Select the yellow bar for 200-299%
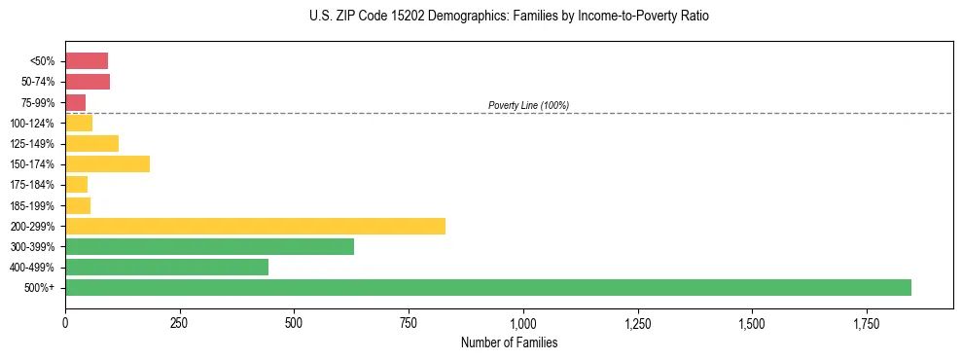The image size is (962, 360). tap(255, 227)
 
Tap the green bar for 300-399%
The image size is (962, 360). tap(209, 247)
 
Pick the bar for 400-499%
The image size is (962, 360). tap(166, 268)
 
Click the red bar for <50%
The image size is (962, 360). tap(87, 61)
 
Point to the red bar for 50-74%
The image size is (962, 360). tap(88, 82)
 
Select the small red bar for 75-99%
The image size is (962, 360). tap(76, 102)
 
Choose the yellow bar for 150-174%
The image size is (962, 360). tap(107, 164)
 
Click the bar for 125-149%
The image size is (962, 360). tap(91, 144)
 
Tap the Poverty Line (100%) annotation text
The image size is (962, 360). tap(528, 105)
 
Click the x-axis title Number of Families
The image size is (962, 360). tap(509, 343)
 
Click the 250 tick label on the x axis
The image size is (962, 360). tap(180, 323)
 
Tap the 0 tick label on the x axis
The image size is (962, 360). tap(65, 323)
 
